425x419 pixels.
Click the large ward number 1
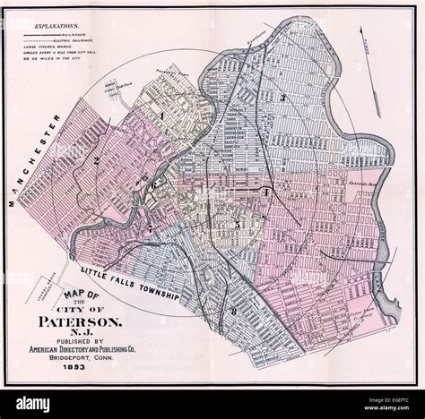coord(162,115)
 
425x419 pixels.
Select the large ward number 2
coord(94,160)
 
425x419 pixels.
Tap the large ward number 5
coord(236,224)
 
